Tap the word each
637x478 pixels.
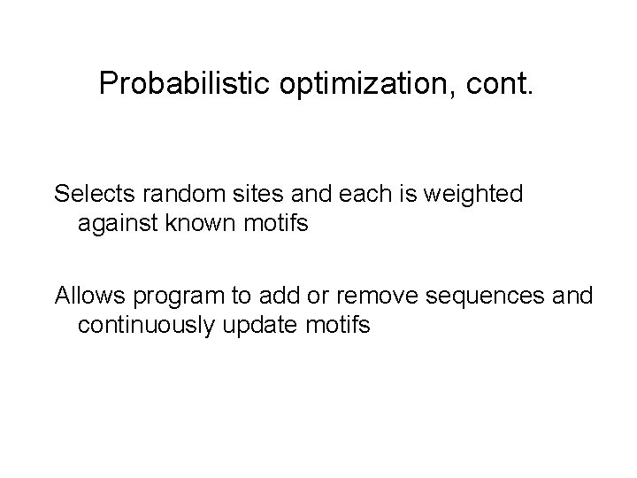click(350, 193)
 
